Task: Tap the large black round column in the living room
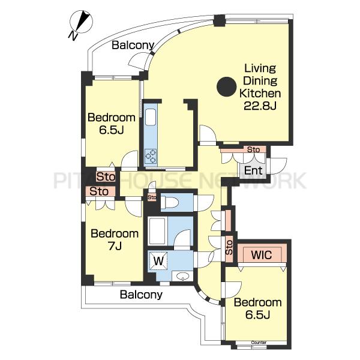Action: (x=226, y=87)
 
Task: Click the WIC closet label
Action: (x=262, y=255)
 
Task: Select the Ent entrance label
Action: (x=253, y=170)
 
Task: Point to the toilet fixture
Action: (x=169, y=202)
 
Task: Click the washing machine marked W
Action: (x=158, y=261)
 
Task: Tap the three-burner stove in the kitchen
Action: (x=151, y=156)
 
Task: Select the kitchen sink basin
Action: (x=151, y=117)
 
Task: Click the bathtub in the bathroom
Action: (x=157, y=231)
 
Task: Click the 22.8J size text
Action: (x=260, y=106)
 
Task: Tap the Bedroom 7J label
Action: (x=115, y=239)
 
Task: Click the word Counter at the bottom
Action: (x=259, y=343)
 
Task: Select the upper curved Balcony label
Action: (x=133, y=45)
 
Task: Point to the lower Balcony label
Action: (x=141, y=295)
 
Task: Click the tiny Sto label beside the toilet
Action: (x=152, y=197)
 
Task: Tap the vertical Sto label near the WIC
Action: (x=229, y=247)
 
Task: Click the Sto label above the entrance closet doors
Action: (x=253, y=149)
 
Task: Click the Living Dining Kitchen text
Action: (x=260, y=81)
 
